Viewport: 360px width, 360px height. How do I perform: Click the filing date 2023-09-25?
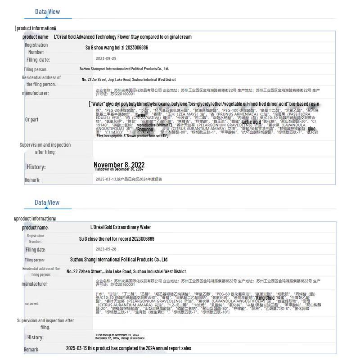106,58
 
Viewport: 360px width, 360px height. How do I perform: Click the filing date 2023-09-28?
106,249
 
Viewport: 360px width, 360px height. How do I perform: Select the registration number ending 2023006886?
117,47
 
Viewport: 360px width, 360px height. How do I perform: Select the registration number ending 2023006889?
117,238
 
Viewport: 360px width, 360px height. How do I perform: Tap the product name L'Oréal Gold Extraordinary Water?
121,227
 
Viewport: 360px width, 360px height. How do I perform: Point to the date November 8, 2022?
119,165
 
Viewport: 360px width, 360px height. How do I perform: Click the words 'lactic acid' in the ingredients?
251,122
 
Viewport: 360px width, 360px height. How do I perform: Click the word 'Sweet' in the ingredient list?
141,115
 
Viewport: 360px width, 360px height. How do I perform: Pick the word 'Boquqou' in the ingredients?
145,130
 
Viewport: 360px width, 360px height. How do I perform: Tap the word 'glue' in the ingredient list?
311,129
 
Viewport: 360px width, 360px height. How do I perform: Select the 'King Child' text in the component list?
265,298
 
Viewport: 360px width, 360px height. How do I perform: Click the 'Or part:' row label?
32,120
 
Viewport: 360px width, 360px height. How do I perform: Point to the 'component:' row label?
31,303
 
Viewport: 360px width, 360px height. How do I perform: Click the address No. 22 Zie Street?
129,80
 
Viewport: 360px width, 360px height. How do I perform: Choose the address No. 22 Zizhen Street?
126,271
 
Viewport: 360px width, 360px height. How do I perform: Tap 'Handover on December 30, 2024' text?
119,170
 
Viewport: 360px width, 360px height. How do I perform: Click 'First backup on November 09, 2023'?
117,335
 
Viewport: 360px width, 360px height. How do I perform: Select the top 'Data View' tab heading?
47,12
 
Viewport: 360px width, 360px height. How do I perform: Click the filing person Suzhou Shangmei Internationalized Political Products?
124,69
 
